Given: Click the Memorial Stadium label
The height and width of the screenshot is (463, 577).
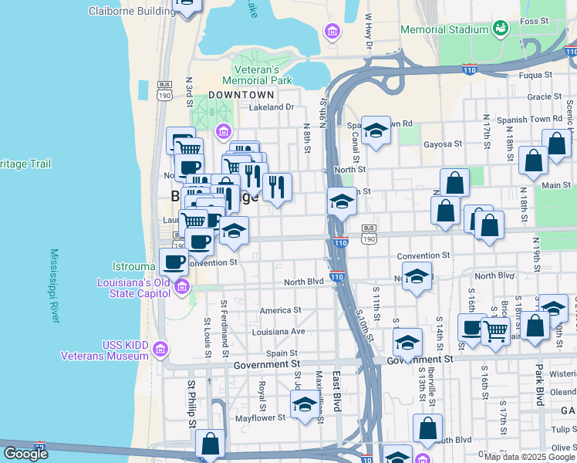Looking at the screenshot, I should tap(444, 29).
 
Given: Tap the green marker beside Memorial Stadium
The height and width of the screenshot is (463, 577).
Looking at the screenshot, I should tap(501, 29).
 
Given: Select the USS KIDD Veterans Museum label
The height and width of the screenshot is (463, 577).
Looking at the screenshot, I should tap(105, 350).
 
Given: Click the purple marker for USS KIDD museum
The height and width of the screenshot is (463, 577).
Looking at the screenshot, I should tap(160, 349).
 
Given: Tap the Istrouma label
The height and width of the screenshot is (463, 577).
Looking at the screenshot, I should tap(136, 267).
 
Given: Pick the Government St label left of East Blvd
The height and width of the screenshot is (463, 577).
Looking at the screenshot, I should tap(266, 364).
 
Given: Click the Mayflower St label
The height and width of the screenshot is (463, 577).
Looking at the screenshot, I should tap(261, 417).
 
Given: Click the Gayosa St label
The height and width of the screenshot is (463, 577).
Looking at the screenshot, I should tap(442, 144).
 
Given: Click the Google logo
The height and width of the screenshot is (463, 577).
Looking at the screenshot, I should tap(25, 454).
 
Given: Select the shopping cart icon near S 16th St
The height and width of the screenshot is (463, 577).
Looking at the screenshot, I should tap(495, 330).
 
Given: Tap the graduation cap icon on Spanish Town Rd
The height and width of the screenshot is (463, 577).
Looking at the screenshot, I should tap(376, 130).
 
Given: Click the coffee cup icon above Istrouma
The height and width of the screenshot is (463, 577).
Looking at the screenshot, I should tap(174, 260).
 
